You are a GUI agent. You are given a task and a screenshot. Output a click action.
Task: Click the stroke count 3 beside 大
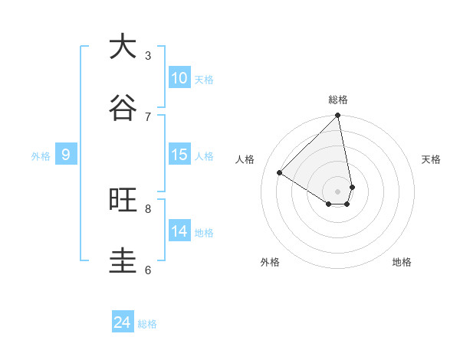click(x=148, y=55)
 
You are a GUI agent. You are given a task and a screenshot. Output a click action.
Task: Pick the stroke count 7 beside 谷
click(x=148, y=116)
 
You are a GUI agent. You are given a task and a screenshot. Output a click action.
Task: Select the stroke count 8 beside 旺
click(x=148, y=208)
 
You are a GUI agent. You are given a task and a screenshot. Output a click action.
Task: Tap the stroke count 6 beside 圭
click(x=148, y=270)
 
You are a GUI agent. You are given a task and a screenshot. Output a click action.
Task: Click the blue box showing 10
click(x=179, y=78)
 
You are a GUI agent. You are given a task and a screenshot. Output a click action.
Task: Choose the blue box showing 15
click(x=179, y=155)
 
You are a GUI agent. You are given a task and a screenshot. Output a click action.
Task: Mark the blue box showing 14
click(x=179, y=231)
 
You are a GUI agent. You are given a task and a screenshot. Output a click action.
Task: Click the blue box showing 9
click(x=66, y=155)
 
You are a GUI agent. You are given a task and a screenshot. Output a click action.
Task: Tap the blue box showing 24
click(x=123, y=322)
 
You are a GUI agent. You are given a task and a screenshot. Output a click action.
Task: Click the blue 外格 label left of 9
click(x=41, y=156)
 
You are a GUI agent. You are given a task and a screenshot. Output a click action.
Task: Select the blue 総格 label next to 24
click(x=148, y=324)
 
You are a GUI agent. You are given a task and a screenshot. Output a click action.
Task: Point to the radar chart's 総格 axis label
click(x=338, y=100)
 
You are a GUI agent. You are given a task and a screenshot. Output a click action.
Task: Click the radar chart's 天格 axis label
click(x=431, y=159)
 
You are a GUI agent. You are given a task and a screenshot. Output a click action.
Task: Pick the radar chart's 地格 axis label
click(x=402, y=262)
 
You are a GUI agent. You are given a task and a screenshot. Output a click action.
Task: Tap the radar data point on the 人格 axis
click(x=280, y=172)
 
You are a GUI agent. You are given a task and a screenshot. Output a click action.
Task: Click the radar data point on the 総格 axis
click(x=338, y=116)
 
